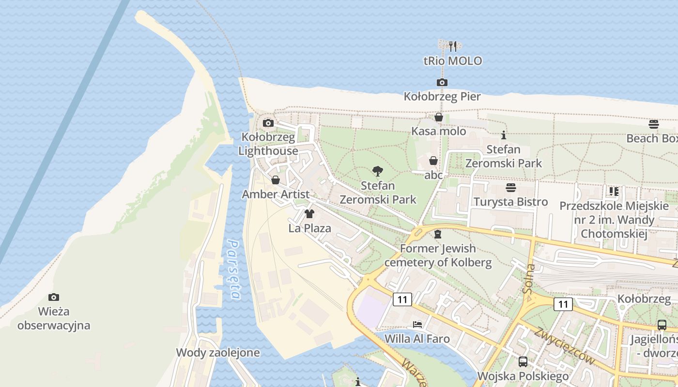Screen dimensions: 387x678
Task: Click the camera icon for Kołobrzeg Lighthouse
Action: pos(268,123)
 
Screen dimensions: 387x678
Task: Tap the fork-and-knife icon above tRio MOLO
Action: pos(453,46)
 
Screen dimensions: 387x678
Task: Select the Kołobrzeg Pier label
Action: pos(442,97)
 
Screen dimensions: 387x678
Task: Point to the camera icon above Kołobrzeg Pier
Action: pos(442,83)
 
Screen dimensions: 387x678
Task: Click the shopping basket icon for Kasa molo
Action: pos(438,117)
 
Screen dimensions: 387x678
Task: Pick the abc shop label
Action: pos(433,175)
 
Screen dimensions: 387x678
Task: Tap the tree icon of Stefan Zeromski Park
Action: pos(377,171)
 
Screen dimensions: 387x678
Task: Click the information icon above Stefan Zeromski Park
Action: pos(503,135)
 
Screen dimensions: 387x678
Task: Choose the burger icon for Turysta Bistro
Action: pos(510,187)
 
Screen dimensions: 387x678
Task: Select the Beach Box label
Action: pos(652,138)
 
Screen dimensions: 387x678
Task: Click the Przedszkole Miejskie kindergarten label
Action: pos(614,220)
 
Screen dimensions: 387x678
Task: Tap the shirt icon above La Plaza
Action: pos(309,214)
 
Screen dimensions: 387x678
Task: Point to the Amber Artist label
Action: pos(275,194)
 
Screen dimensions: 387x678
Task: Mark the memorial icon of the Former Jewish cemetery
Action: pos(438,234)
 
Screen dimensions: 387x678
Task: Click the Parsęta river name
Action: pos(234,269)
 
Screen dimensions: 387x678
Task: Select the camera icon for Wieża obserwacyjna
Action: pos(54,297)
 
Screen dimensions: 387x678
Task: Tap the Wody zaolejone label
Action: pos(217,353)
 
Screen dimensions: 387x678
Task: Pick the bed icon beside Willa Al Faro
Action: pos(417,324)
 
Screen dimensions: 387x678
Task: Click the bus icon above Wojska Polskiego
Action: pos(523,361)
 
